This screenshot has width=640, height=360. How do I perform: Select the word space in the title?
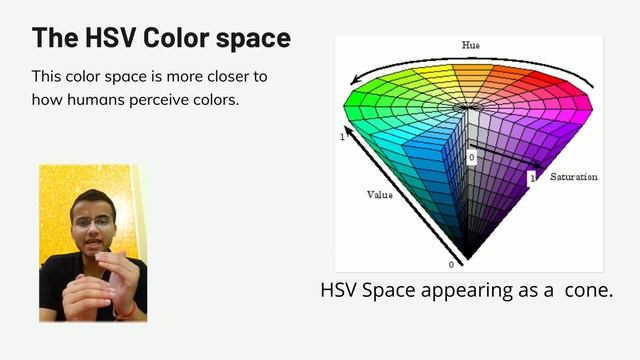coord(255,38)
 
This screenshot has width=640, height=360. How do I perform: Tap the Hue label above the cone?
coord(470,45)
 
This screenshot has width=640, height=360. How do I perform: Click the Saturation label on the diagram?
coord(573,177)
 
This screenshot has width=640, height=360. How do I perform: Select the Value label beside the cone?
coord(379,195)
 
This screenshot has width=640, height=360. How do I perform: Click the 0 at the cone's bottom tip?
coord(451,264)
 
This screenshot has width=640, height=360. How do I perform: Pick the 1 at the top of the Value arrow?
coord(342,137)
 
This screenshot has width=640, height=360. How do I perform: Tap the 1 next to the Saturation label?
coord(532,177)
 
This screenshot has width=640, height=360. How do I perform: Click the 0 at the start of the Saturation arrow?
coord(472,158)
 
